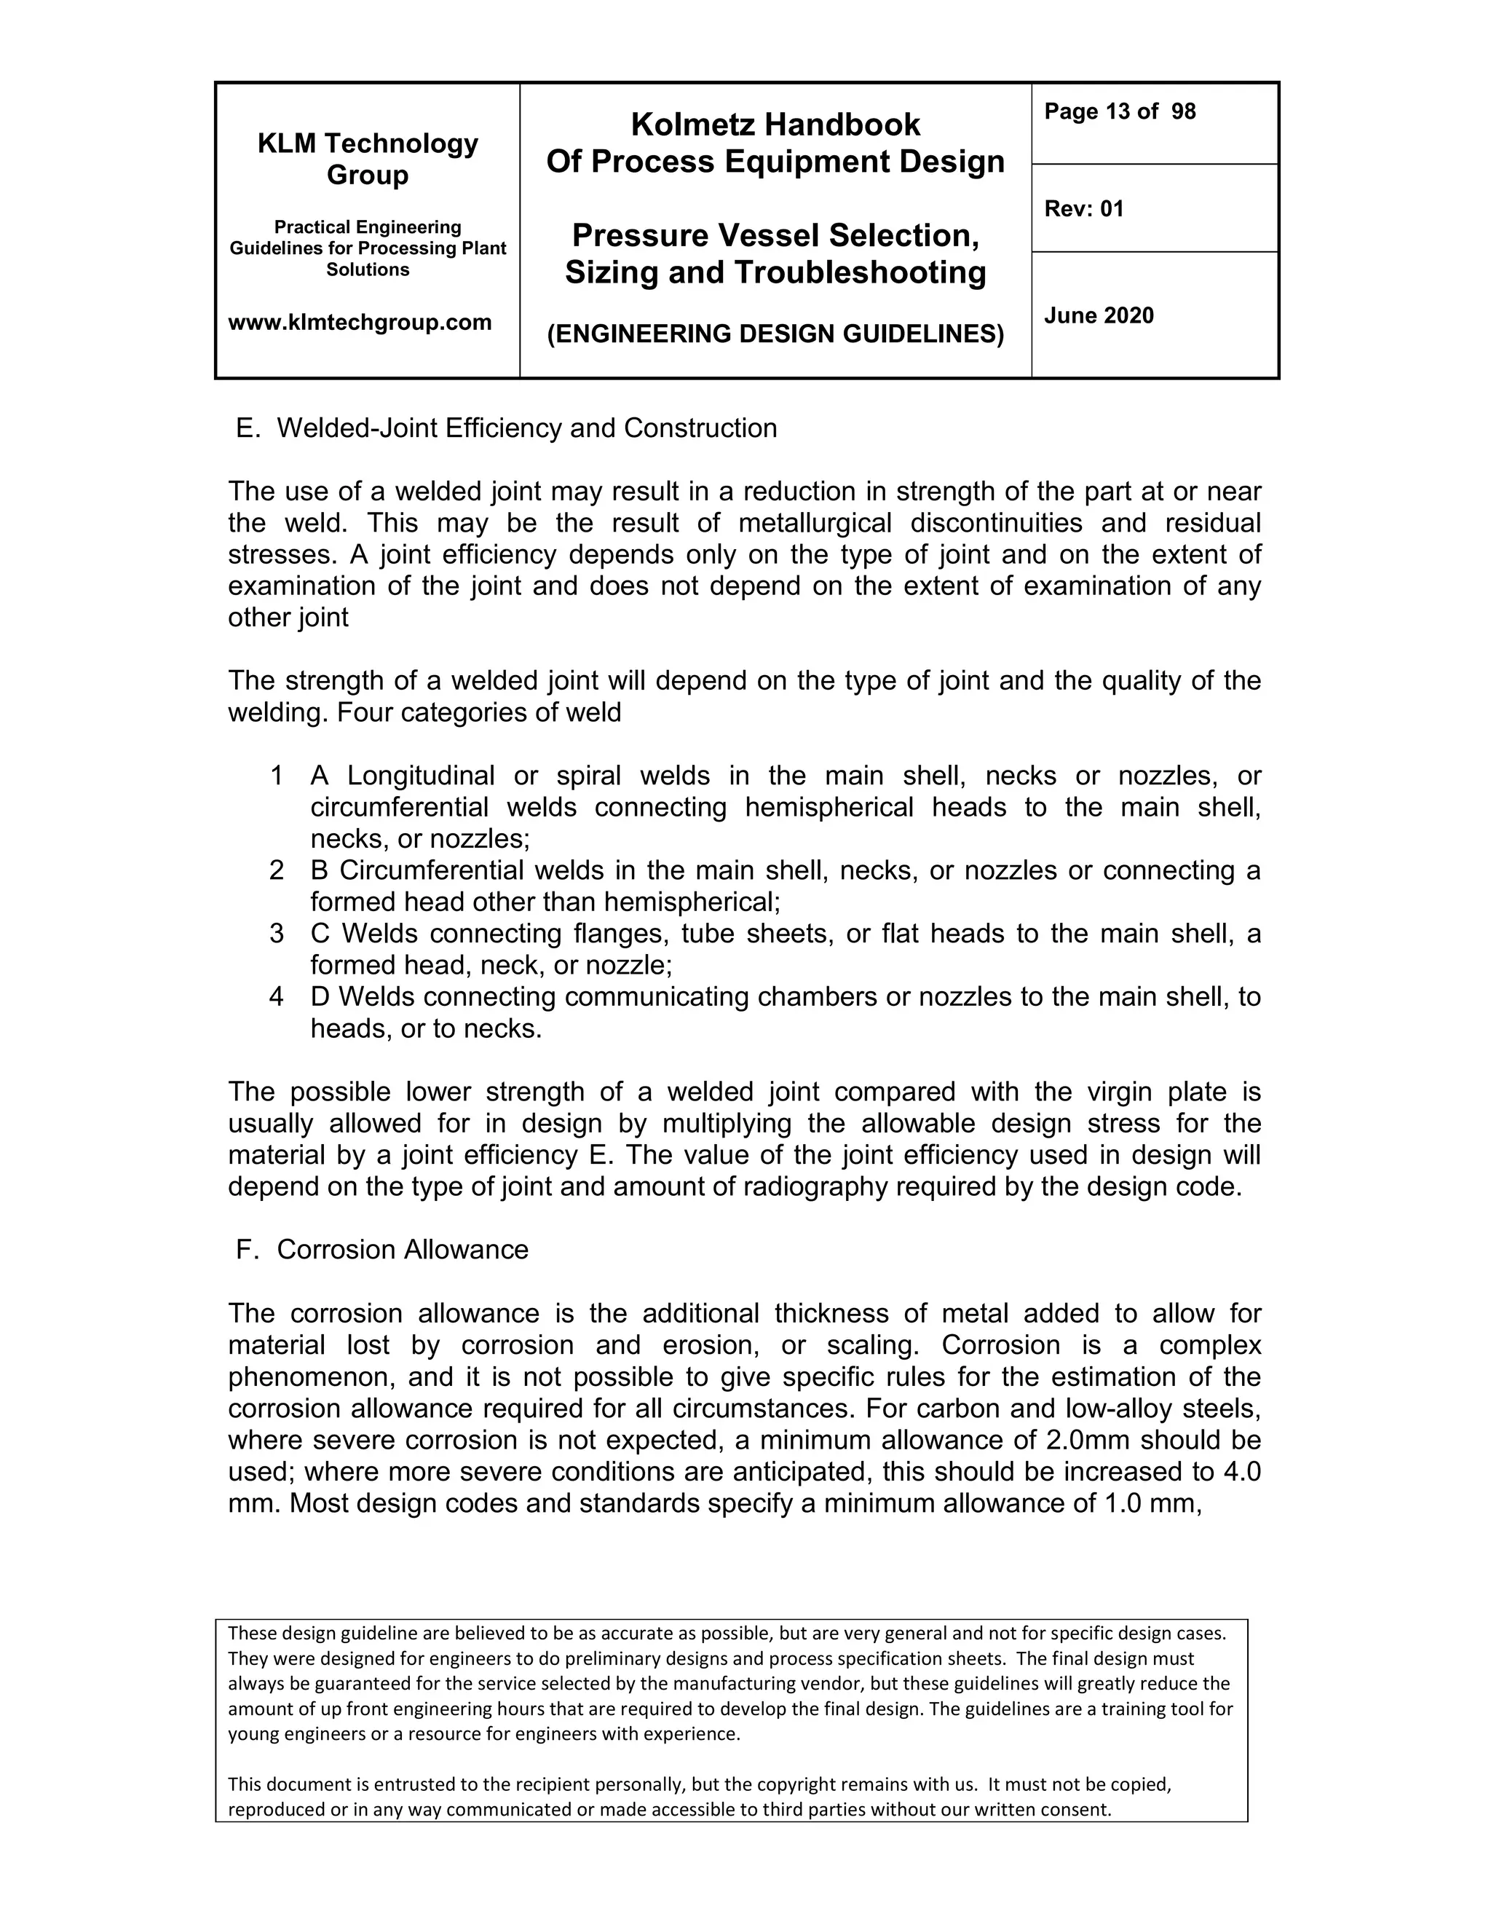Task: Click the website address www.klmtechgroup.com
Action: [x=360, y=323]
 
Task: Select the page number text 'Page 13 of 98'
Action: [x=1119, y=111]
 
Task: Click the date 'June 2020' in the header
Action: [x=1098, y=315]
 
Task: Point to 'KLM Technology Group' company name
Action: [x=368, y=159]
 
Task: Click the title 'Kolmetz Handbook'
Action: [x=775, y=125]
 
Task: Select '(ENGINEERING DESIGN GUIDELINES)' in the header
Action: [x=775, y=334]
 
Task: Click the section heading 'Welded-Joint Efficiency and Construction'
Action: [x=526, y=428]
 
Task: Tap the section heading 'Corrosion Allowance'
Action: [x=402, y=1250]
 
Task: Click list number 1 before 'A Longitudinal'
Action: [x=277, y=776]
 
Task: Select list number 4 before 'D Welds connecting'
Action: [x=277, y=997]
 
